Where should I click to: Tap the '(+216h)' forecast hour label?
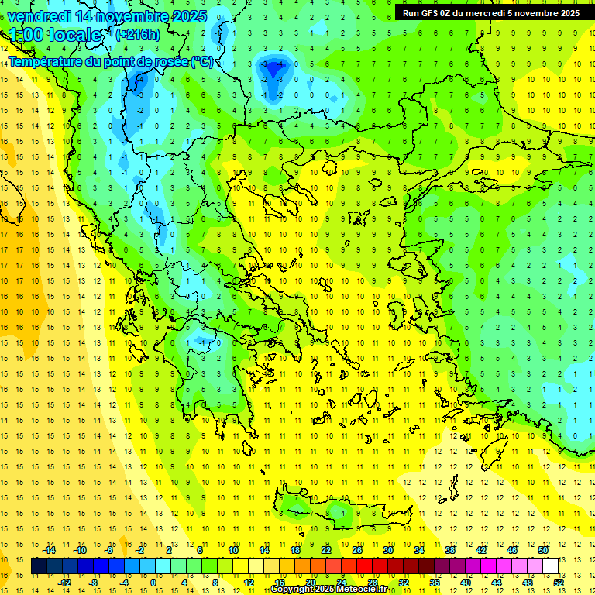click(138, 34)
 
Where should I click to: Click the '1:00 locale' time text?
click(55, 35)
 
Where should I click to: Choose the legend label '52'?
click(559, 583)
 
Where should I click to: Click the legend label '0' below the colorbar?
click(153, 583)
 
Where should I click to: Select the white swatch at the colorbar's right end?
click(550, 566)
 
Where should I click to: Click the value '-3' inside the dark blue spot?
click(265, 64)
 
